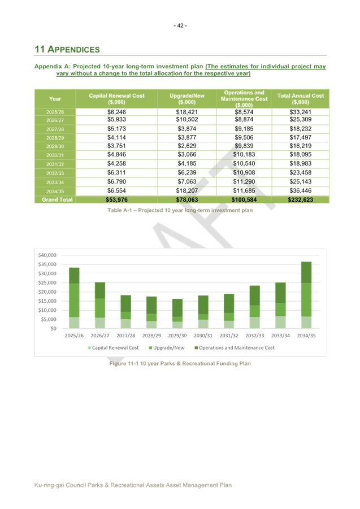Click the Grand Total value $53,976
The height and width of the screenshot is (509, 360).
[x=116, y=199]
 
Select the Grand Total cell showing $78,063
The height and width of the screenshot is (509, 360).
[x=186, y=199]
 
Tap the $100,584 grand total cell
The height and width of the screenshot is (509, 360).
[x=244, y=199]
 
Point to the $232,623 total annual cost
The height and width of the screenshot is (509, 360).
[x=300, y=199]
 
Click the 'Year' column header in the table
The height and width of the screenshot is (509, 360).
[x=55, y=99]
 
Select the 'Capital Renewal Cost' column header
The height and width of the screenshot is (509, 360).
[x=116, y=99]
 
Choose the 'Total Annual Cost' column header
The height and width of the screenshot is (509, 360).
[x=300, y=99]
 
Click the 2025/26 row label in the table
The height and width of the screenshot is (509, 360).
[x=55, y=112]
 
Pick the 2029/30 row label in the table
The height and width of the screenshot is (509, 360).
[x=55, y=146]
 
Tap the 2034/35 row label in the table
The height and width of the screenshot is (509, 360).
[x=55, y=191]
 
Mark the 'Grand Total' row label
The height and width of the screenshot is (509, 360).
[x=55, y=199]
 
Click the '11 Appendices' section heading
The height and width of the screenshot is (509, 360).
[x=67, y=50]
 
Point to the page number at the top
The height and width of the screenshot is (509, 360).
[x=180, y=25]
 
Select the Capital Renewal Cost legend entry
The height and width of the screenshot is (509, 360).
[x=113, y=347]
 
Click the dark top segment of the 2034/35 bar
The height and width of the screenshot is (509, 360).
[x=306, y=272]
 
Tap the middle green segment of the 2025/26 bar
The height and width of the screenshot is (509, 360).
[x=73, y=300]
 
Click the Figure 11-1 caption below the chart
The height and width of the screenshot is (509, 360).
[x=180, y=364]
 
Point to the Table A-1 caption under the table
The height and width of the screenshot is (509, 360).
[x=180, y=210]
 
